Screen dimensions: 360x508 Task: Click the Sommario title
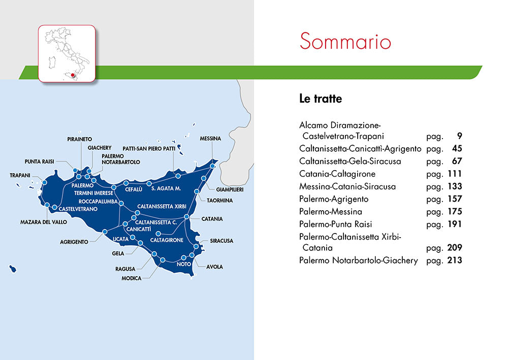coord(345,41)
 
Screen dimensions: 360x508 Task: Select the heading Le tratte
coord(321,99)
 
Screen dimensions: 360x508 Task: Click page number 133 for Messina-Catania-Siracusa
coord(452,186)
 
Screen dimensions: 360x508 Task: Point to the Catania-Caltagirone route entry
coord(337,174)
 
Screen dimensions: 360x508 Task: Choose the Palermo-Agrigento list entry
coord(334,199)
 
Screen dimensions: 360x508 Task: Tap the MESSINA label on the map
coord(210,139)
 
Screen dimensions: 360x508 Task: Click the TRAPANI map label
coord(20,175)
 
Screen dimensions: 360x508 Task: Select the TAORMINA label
coord(219,201)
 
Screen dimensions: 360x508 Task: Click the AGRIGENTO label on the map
coord(74,242)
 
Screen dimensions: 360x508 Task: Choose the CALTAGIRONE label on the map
coord(167,240)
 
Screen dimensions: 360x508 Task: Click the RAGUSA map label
coord(125,269)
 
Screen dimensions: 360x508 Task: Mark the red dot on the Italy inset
coord(73,75)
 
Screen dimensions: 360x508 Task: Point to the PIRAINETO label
coord(80,139)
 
